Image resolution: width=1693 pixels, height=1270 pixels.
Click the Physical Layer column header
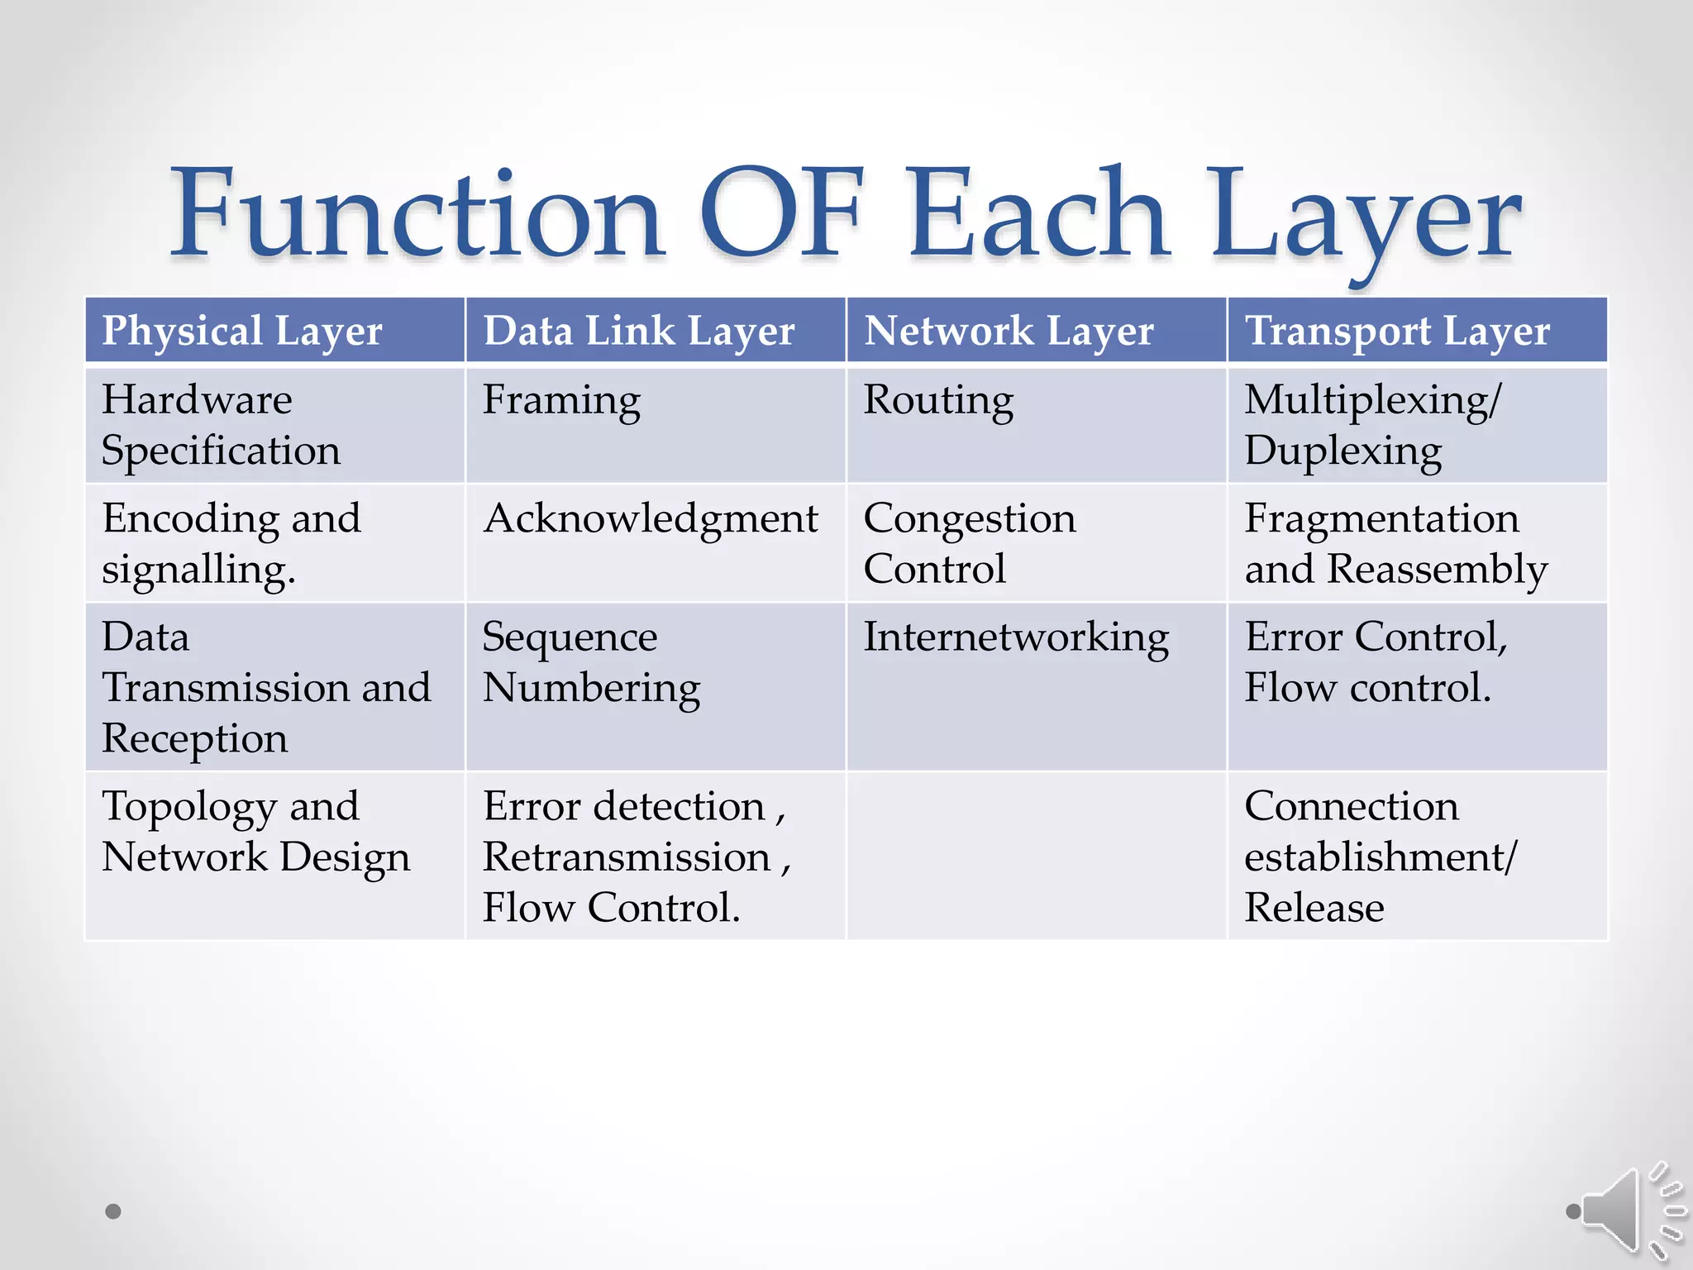coord(242,331)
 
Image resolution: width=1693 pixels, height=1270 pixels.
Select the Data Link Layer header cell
coord(638,331)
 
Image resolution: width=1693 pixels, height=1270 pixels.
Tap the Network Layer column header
coord(1009,331)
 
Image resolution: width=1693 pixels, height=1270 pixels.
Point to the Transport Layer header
coord(1397,331)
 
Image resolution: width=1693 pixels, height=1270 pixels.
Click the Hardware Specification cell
coord(222,425)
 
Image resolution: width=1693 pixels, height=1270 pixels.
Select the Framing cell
coord(562,401)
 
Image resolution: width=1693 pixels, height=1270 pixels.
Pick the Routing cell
coord(938,401)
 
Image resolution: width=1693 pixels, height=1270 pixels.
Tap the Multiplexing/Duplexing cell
coord(1372,425)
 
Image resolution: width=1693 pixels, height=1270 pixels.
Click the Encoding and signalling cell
coord(231,543)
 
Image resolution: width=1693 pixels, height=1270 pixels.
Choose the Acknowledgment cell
coord(651,519)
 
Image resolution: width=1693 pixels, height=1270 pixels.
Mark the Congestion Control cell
coord(970,543)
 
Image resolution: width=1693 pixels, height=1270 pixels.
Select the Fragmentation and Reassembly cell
coord(1395,543)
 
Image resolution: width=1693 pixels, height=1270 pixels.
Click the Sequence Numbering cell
coord(591,662)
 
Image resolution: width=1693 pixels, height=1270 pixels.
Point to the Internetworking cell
coord(1016,638)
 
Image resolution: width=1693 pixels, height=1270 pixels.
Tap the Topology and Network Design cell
coord(255,832)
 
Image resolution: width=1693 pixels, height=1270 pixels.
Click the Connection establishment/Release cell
coord(1381,857)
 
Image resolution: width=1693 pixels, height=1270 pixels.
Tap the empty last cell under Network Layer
coord(1037,856)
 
